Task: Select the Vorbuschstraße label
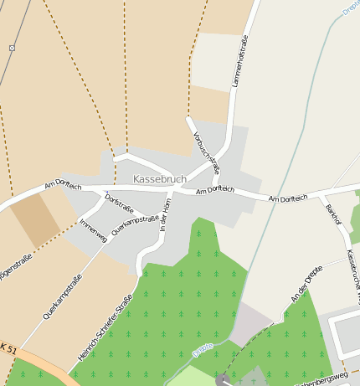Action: (206, 146)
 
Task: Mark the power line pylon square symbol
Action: (13, 48)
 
